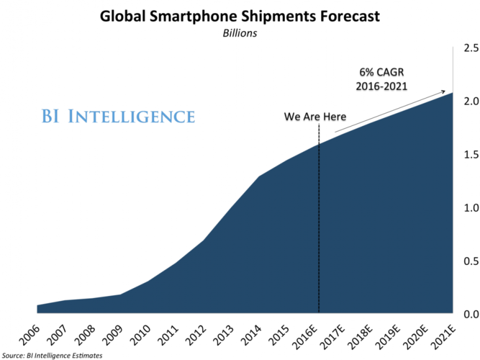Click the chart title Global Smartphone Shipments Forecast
point(239,17)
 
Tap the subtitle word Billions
point(240,34)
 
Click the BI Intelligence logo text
point(117,116)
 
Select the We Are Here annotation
point(315,116)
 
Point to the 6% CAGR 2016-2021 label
point(381,79)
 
